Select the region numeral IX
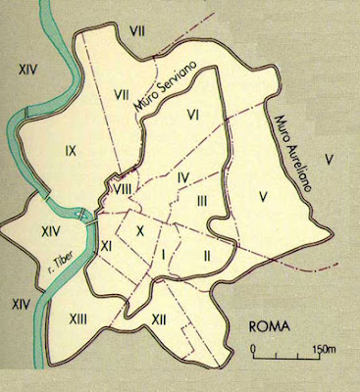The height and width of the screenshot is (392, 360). click(70, 151)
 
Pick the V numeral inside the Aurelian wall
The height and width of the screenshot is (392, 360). click(264, 195)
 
